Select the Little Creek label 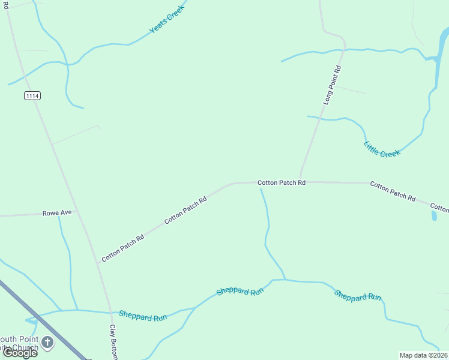tap(382, 149)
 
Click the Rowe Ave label tap(57, 213)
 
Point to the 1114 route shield tap(32, 95)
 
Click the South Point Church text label tap(18, 343)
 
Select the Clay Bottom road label tap(112, 342)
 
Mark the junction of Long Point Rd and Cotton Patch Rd tap(300, 181)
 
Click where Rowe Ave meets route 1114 tap(77, 212)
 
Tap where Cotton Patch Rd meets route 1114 tap(98, 263)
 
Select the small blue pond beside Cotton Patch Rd tap(434, 215)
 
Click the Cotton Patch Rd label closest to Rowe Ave tap(122, 247)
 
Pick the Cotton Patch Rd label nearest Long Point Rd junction tap(282, 182)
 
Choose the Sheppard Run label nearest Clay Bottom tap(143, 316)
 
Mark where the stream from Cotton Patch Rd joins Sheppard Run tap(285, 280)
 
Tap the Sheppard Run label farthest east tap(358, 296)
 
